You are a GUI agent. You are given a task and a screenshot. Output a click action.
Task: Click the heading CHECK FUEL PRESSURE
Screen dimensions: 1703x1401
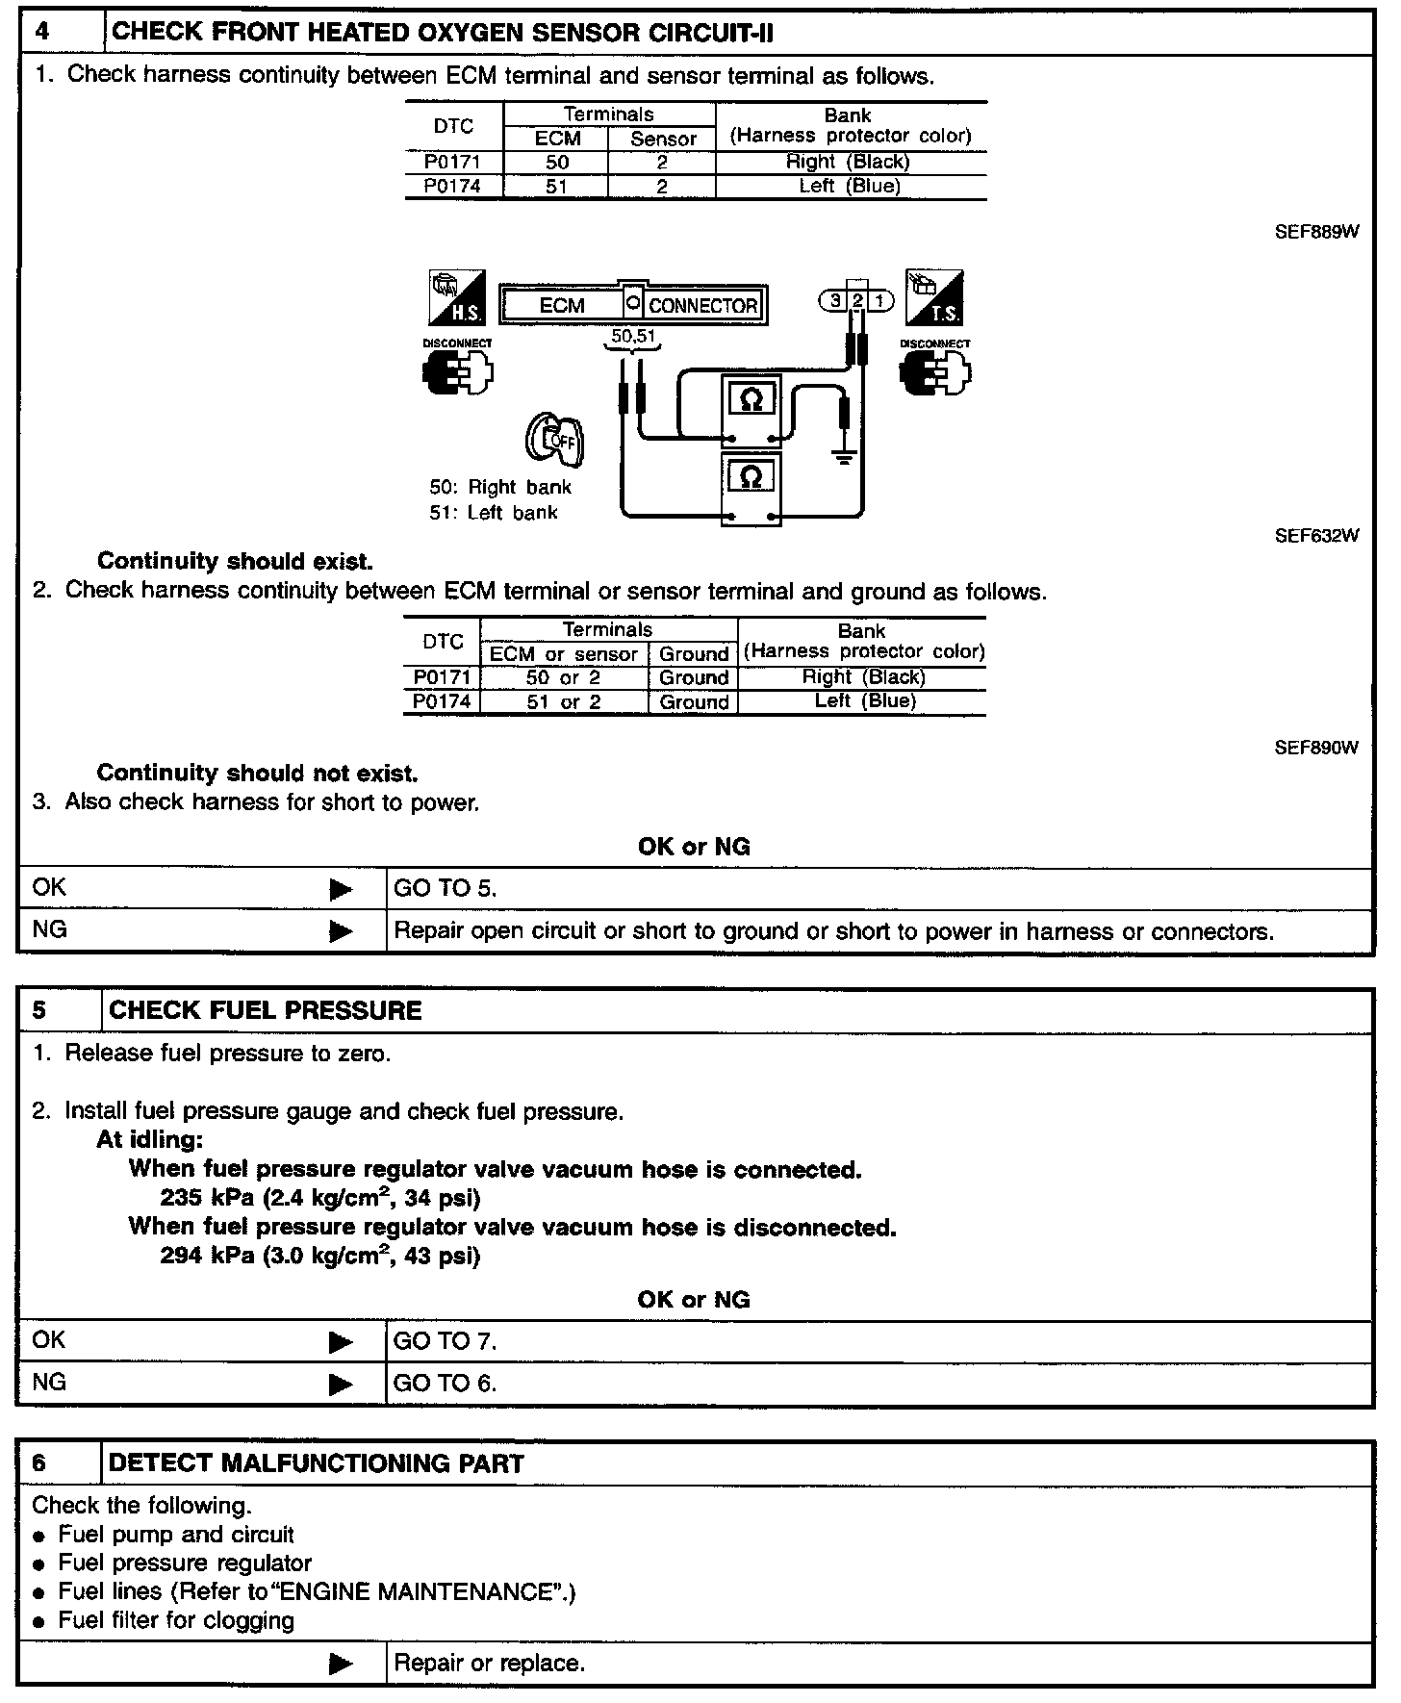point(266,1010)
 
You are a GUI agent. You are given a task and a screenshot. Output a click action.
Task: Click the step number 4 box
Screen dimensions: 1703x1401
point(44,33)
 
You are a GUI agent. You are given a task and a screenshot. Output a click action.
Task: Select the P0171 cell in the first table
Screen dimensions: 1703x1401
point(452,162)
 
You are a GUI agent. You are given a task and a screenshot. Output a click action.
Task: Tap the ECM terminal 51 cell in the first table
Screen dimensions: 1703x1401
point(556,187)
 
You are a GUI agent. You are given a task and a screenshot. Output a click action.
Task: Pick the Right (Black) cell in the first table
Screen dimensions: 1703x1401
point(848,162)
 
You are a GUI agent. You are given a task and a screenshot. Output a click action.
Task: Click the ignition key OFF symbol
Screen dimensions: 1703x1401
point(554,440)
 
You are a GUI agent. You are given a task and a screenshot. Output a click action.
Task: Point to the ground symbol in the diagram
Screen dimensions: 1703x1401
point(844,456)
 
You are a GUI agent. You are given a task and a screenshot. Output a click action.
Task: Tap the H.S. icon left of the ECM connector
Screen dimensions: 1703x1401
point(457,298)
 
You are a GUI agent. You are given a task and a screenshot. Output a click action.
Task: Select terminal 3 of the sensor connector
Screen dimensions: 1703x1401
point(834,300)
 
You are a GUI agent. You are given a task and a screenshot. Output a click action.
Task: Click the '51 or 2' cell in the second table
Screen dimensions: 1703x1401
point(563,702)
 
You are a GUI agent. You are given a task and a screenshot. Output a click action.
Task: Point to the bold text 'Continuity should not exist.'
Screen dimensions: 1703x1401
point(257,773)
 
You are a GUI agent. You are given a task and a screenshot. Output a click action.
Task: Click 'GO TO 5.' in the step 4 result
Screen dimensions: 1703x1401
point(445,889)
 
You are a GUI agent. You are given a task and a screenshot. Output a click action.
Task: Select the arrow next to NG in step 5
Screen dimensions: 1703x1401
point(341,1385)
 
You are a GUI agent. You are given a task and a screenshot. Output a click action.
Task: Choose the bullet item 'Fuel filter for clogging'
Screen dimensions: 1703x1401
point(176,1620)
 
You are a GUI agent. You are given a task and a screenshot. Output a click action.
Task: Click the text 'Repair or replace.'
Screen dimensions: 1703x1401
point(490,1664)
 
